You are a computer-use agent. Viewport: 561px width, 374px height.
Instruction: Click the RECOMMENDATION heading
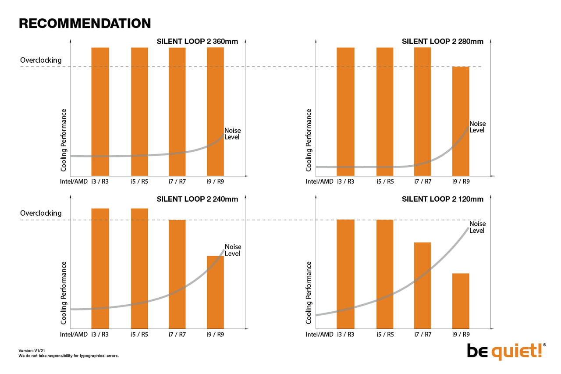pos(85,24)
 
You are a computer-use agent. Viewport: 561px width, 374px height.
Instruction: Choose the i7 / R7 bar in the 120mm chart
pos(423,285)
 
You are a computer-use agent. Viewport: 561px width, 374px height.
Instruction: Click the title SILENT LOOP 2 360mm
pos(197,42)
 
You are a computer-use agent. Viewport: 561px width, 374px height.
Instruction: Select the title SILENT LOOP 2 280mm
pos(443,42)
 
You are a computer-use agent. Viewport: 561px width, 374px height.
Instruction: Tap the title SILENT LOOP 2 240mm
pos(197,199)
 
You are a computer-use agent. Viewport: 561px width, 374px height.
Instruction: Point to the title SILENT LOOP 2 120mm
pos(443,199)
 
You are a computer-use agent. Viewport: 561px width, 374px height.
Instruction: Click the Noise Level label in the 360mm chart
pos(232,134)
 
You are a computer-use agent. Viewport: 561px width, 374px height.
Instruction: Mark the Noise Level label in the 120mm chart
pos(477,227)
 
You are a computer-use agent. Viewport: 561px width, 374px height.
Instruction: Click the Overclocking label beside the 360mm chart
pos(41,60)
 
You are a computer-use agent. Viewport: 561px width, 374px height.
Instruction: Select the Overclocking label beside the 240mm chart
pos(41,213)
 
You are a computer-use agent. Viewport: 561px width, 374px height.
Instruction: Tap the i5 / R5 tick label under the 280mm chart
pos(385,182)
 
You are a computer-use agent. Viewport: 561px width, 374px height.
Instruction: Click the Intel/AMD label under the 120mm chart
pos(320,335)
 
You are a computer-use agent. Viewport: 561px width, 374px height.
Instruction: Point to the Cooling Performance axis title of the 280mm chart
pos(309,140)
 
